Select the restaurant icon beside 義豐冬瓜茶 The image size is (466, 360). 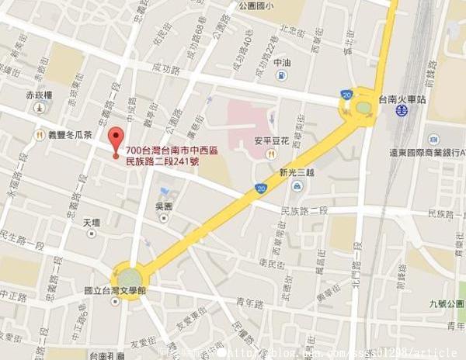click(39, 134)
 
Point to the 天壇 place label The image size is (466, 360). click(92, 223)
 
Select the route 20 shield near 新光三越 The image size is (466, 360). click(259, 189)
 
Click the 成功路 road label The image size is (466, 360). click(166, 68)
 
